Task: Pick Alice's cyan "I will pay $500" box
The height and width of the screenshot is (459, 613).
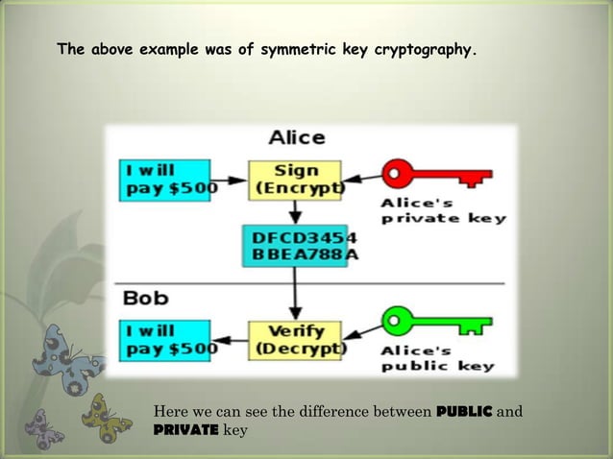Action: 165,180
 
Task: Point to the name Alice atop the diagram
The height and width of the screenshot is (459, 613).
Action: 296,137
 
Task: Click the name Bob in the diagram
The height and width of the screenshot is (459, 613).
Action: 146,298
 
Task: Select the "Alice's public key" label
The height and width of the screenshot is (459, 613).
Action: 437,358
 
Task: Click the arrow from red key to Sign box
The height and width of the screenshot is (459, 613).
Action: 361,177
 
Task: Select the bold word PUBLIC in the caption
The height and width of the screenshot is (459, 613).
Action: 465,413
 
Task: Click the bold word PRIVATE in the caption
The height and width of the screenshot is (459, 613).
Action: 185,430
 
